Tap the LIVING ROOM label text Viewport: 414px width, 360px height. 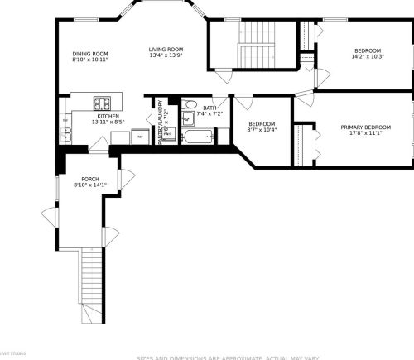point(166,50)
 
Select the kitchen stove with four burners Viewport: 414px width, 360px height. point(102,103)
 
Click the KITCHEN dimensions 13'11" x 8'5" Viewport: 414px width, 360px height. point(108,122)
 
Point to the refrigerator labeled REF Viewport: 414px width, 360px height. point(140,136)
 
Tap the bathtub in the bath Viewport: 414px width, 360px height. point(199,136)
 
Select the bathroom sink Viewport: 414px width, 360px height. point(187,118)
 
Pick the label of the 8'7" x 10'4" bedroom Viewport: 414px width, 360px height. point(262,124)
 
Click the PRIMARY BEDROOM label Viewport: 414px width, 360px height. point(365,127)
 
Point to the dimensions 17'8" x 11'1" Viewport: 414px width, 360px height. point(365,132)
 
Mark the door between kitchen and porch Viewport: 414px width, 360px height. point(99,146)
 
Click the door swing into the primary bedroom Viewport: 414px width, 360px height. point(304,99)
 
